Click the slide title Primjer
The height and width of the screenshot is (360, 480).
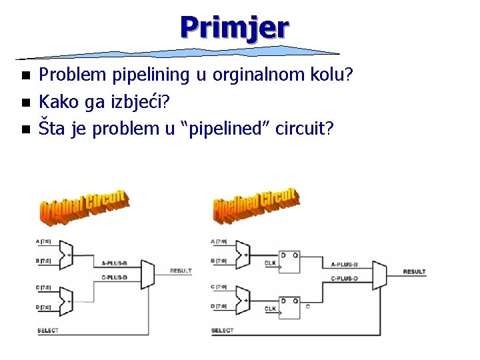point(234,27)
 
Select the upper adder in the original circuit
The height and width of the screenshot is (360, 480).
point(67,251)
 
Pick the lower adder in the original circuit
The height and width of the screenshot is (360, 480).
point(67,297)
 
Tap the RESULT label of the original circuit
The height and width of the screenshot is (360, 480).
point(181,271)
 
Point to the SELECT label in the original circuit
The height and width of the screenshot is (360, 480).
point(47,330)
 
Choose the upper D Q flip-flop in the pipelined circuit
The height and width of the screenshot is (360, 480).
point(289,261)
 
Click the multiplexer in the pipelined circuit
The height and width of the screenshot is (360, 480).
point(379,275)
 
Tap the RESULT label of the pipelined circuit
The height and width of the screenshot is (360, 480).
point(414,271)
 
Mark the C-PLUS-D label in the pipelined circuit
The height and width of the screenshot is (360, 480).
point(345,277)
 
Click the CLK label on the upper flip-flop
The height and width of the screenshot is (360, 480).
point(270,263)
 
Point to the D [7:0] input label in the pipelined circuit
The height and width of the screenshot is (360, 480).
point(219,306)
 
